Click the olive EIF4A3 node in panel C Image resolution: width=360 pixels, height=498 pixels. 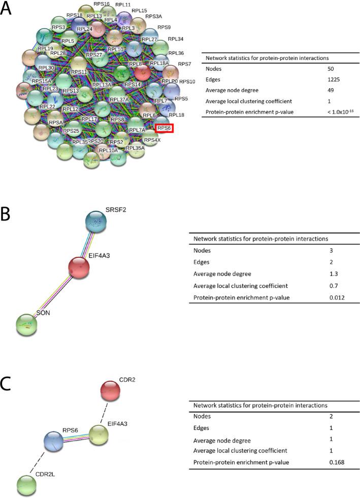point(99,434)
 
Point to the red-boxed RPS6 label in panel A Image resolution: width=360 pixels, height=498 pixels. point(165,128)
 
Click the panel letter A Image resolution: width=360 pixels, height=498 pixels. point(7,10)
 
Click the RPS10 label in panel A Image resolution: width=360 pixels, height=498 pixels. point(187,81)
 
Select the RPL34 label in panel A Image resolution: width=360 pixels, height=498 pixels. point(176,39)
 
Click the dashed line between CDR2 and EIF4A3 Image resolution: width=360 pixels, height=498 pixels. point(104,413)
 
